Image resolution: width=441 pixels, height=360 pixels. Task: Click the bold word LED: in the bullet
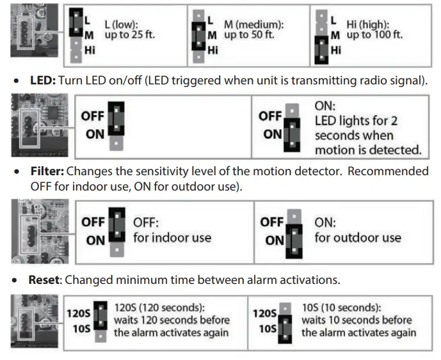(x=44, y=82)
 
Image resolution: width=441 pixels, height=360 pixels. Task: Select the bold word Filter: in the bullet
(x=47, y=171)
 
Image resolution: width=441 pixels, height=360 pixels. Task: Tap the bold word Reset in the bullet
(x=45, y=279)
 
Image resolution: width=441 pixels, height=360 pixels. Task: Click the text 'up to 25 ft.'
(x=130, y=34)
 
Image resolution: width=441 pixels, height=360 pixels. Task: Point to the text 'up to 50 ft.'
(x=249, y=34)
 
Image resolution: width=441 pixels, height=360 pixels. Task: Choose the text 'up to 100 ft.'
(x=374, y=34)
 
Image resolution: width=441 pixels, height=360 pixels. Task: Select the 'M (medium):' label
(x=253, y=23)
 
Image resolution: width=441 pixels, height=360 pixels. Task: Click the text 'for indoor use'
(x=172, y=238)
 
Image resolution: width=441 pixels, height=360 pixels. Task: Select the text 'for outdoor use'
(x=357, y=238)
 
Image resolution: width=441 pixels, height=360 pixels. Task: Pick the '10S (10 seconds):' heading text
(x=340, y=308)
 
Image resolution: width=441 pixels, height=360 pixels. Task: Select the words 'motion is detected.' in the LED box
(x=367, y=150)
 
